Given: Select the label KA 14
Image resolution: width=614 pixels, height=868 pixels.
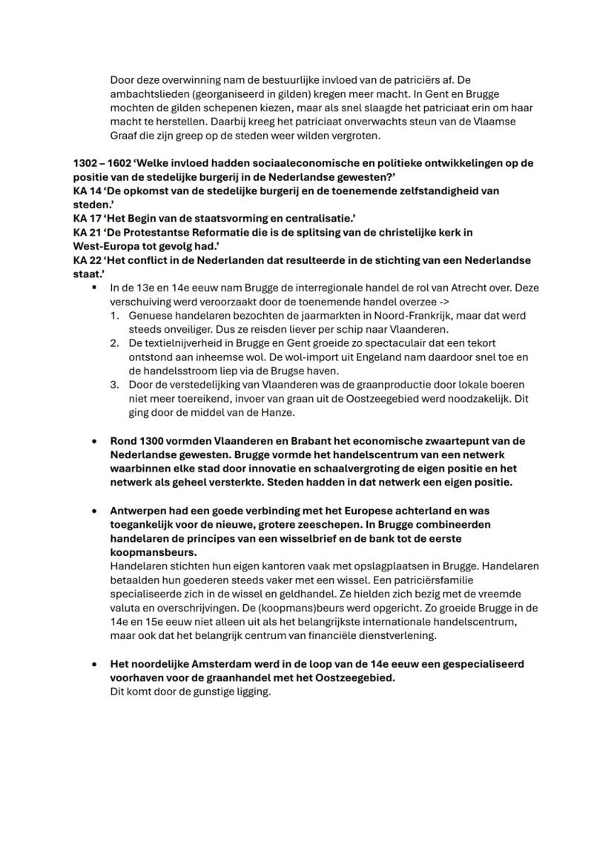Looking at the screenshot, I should click(x=87, y=191).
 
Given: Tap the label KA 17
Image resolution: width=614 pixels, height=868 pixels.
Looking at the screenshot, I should click(x=87, y=219).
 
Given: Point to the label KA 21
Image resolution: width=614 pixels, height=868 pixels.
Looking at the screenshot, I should click(x=87, y=233).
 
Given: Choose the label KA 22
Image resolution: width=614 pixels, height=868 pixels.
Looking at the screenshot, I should click(x=87, y=261).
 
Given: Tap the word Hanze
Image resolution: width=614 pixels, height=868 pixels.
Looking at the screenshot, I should click(x=280, y=413).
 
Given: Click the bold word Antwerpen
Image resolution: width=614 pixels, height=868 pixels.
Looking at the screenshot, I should click(x=140, y=511).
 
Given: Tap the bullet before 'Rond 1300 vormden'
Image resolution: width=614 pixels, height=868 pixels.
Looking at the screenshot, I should click(x=94, y=442).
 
